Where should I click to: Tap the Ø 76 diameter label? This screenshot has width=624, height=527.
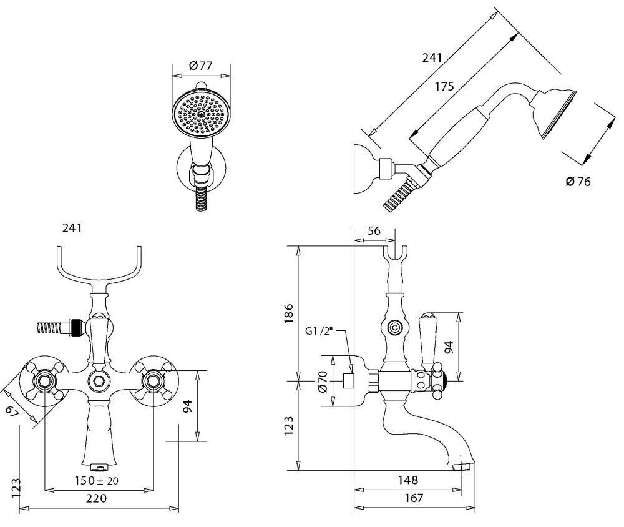577,182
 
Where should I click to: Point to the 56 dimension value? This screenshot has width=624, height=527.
374,231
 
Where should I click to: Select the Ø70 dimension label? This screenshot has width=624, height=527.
323,381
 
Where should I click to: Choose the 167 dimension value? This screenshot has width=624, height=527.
412,498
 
